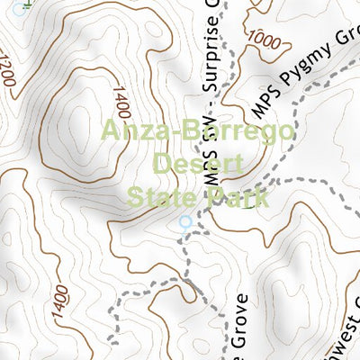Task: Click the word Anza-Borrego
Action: (197, 133)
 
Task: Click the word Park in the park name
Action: (237, 195)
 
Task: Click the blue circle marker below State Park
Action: (185, 221)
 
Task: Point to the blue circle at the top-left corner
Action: (20, 5)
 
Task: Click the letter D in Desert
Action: (163, 164)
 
